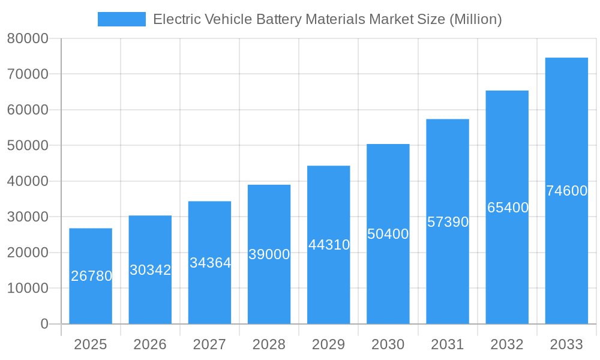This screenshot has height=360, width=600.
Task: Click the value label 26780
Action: coord(91,276)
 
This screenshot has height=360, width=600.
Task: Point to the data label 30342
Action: coord(151,270)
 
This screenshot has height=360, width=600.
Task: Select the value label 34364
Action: coord(210,263)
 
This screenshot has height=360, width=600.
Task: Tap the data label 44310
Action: coord(329,245)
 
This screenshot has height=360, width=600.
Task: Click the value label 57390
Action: coord(448,222)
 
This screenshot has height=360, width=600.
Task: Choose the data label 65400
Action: coord(508,208)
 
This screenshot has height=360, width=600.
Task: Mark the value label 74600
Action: coord(566,191)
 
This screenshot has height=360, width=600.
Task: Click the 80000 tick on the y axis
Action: coord(27,39)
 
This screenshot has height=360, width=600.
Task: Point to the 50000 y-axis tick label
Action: coord(27,146)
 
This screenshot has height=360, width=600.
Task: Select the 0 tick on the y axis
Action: coord(44,324)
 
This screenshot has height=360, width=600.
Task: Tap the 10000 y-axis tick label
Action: coord(27,288)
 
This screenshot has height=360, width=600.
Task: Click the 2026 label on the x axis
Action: coord(150,344)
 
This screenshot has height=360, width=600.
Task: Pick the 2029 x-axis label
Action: coord(328,344)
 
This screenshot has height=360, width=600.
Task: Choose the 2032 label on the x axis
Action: coord(507,344)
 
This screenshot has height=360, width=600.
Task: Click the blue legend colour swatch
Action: coord(122,19)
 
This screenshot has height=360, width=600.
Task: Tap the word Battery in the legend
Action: coord(280,19)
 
